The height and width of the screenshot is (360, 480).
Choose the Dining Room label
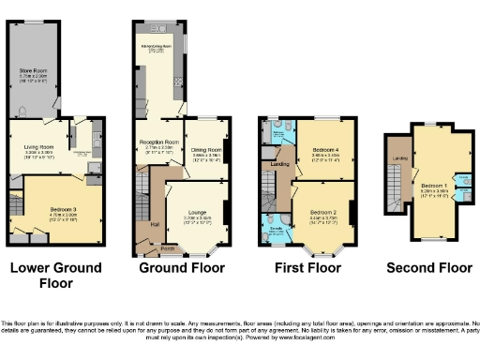pyautogui.click(x=206, y=148)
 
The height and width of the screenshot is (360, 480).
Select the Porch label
pyautogui.click(x=167, y=249)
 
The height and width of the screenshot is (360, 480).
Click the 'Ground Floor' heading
pyautogui.click(x=182, y=268)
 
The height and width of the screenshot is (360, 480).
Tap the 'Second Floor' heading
pyautogui.click(x=429, y=268)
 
